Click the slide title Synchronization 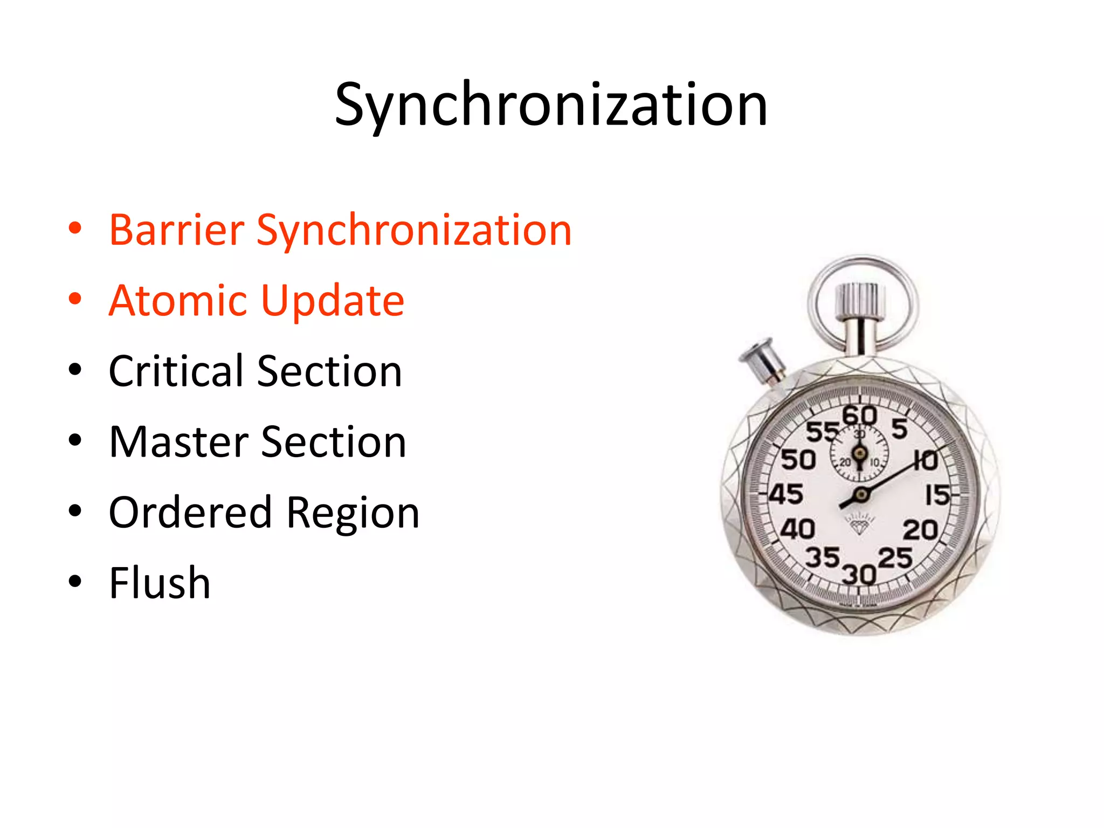[x=551, y=105]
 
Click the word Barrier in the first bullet [x=177, y=231]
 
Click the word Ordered [x=190, y=512]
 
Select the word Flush [x=160, y=583]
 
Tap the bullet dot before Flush [x=75, y=581]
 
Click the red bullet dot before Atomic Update [x=75, y=299]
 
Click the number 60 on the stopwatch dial [x=859, y=416]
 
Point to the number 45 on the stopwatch [x=786, y=494]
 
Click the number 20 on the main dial [x=921, y=530]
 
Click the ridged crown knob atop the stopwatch [x=860, y=301]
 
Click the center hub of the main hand [x=861, y=494]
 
